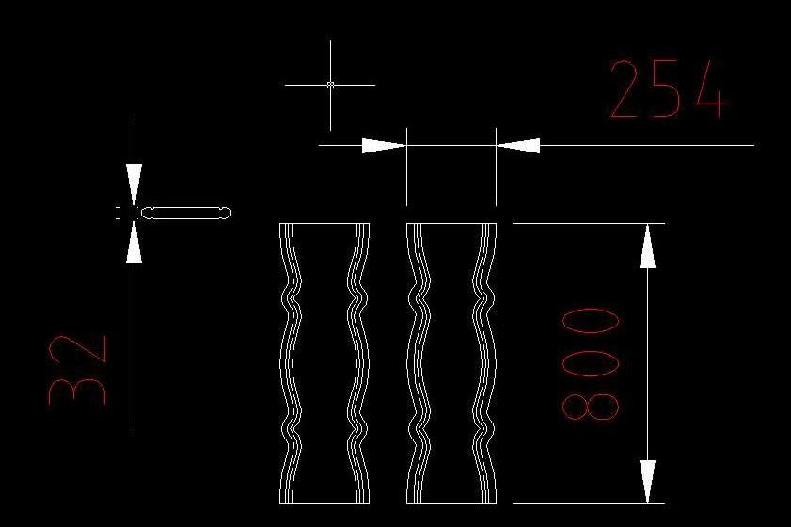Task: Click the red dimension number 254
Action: point(670,88)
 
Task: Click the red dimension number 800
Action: point(591,364)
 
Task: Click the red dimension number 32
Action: point(78,370)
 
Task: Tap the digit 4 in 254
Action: point(712,89)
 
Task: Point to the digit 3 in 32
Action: point(78,390)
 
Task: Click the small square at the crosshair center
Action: point(330,85)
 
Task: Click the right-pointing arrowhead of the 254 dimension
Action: point(384,145)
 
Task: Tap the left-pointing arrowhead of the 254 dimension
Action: point(518,145)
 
